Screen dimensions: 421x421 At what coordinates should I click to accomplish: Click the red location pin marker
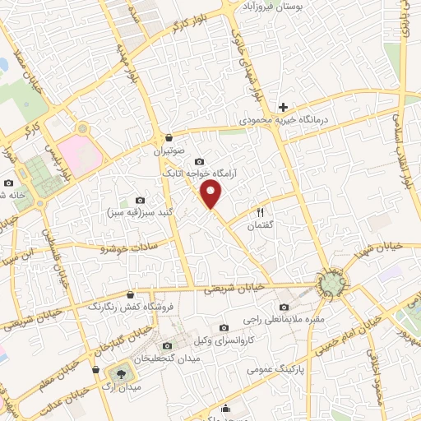[x=213, y=195]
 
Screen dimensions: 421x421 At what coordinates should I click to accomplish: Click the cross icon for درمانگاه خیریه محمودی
[x=283, y=107]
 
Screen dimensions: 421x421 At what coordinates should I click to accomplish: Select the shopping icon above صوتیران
[x=169, y=137]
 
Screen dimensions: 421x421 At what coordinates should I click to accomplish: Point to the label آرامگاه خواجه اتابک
[x=194, y=173]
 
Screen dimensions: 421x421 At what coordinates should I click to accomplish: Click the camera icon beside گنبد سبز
[x=140, y=201]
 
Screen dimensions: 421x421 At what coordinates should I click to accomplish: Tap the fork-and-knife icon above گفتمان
[x=261, y=212]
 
